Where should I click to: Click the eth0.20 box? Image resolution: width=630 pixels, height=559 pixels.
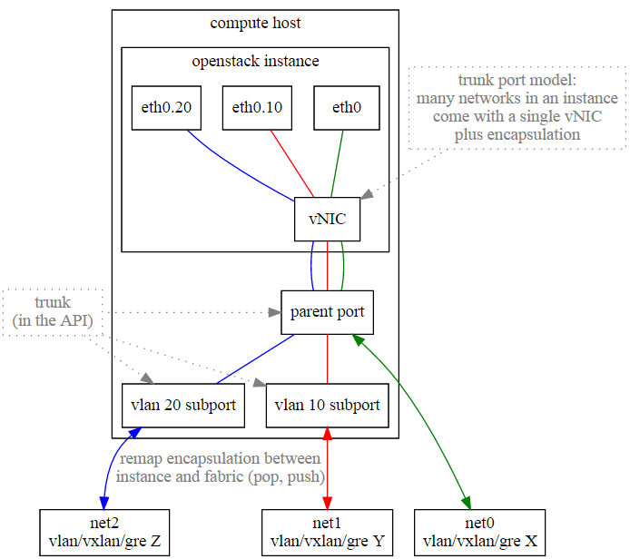[166, 108]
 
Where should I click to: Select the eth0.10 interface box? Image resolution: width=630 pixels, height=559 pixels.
[257, 108]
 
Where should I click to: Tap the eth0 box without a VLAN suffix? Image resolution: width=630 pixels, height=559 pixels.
[347, 108]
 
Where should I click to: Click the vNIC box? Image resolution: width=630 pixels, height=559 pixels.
[327, 220]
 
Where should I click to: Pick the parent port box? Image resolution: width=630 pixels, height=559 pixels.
[327, 312]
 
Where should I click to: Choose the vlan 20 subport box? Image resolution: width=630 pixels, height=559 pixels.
[183, 406]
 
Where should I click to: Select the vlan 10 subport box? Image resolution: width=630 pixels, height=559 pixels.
[327, 406]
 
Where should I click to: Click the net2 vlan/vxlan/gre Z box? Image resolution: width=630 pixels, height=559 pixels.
[104, 533]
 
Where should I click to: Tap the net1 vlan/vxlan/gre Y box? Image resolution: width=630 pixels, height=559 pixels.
[327, 533]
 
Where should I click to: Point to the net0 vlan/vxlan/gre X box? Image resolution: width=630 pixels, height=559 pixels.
[479, 533]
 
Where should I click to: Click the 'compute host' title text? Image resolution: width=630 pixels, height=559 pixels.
[255, 23]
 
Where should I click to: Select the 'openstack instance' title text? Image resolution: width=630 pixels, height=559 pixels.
[255, 61]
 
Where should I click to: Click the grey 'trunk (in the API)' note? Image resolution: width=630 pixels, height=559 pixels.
[53, 311]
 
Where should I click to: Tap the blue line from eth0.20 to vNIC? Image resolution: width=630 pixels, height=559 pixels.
[236, 169]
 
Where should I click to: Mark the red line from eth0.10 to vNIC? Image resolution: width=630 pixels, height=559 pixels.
[292, 163]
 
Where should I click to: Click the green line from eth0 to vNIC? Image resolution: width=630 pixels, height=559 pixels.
[337, 163]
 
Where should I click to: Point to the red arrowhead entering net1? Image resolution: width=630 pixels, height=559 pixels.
[327, 503]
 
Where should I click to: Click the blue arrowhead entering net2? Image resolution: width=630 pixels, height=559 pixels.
[104, 503]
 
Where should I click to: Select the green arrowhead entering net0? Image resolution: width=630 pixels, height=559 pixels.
[467, 503]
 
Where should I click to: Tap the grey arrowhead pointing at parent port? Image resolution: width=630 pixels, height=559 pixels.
[275, 312]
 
